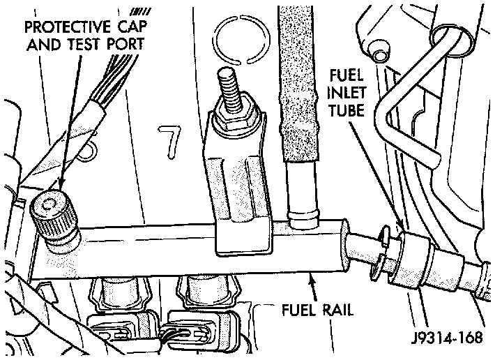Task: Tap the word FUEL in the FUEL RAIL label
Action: (x=291, y=310)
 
